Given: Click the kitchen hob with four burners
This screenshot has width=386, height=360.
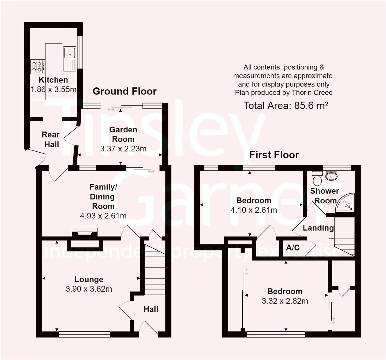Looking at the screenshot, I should pyautogui.click(x=38, y=66).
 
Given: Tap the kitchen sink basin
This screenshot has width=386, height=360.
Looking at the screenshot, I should pyautogui.click(x=70, y=52).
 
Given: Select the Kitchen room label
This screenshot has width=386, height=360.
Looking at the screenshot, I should pyautogui.click(x=53, y=80).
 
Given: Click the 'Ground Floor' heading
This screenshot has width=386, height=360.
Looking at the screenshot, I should pyautogui.click(x=124, y=91).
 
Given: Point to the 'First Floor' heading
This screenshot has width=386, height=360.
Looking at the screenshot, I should pyautogui.click(x=274, y=155).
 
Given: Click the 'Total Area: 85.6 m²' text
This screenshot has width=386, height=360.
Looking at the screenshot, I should pyautogui.click(x=286, y=106).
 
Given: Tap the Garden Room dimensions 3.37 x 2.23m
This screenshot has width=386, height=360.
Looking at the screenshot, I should pyautogui.click(x=123, y=149).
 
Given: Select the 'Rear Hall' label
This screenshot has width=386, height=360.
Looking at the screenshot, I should pyautogui.click(x=51, y=139).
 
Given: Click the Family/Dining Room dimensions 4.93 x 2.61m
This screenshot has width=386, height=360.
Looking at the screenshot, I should pyautogui.click(x=103, y=216).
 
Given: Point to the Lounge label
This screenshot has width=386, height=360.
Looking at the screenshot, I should pyautogui.click(x=89, y=279).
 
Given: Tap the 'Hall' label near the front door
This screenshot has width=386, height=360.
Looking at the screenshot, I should pyautogui.click(x=151, y=309).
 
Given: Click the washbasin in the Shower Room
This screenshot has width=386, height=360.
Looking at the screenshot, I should pyautogui.click(x=331, y=175).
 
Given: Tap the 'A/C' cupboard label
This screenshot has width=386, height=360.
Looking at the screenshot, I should pyautogui.click(x=293, y=248).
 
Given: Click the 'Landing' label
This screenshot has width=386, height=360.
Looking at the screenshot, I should pyautogui.click(x=318, y=228).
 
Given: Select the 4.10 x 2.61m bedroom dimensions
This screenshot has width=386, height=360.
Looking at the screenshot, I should pyautogui.click(x=254, y=210).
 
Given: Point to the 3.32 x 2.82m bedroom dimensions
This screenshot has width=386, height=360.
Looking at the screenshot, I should pyautogui.click(x=285, y=301).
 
